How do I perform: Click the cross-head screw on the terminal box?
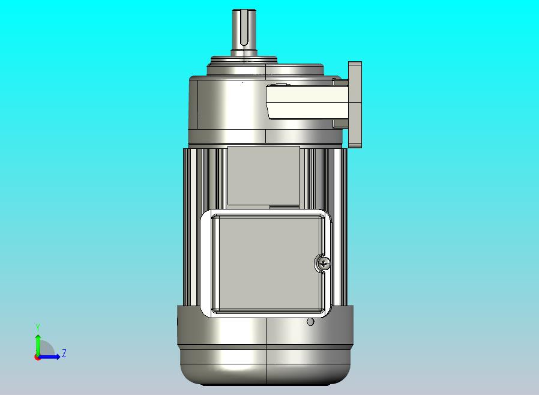tap(323, 264)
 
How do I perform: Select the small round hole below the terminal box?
tap(310, 322)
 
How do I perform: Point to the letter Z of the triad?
tap(64, 353)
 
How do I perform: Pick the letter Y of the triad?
tap(38, 327)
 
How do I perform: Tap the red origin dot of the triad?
tap(37, 358)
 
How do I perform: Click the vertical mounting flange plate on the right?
tap(355, 104)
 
